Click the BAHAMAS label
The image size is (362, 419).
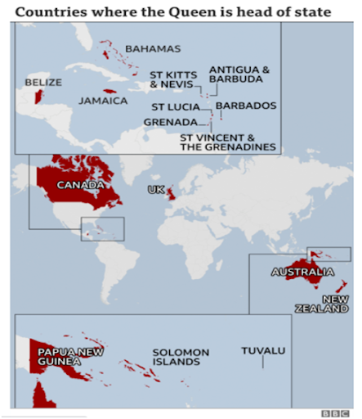coord(153,49)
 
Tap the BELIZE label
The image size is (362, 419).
coord(42,82)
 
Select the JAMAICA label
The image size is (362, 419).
coord(103,101)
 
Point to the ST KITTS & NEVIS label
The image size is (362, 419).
coord(172,79)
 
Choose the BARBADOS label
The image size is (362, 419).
coord(246,106)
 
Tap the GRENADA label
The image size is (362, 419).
coord(170,122)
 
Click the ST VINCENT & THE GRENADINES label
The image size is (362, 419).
coord(228,142)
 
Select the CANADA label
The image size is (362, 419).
coord(79,186)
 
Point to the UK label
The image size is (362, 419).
coord(155,190)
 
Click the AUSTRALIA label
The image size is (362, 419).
coord(302,272)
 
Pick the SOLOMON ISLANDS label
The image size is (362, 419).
coord(181,357)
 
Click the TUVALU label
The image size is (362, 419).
coord(263,351)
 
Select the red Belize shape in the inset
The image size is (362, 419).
coord(37,97)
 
